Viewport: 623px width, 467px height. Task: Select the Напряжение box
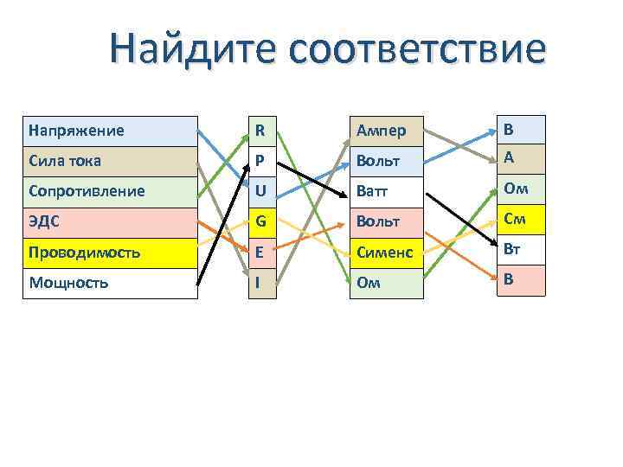(x=110, y=131)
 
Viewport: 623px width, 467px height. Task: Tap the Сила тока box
(x=110, y=161)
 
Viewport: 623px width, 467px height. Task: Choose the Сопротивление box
(x=110, y=191)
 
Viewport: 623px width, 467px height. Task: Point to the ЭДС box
(x=110, y=221)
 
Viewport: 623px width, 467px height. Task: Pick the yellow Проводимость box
(x=110, y=253)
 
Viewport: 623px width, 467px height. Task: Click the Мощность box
(x=110, y=283)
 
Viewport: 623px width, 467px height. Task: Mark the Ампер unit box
(x=386, y=131)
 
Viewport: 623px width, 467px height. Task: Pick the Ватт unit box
(x=386, y=191)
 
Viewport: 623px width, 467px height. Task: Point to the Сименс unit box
(x=386, y=253)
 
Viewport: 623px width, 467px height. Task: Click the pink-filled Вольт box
(x=386, y=221)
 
